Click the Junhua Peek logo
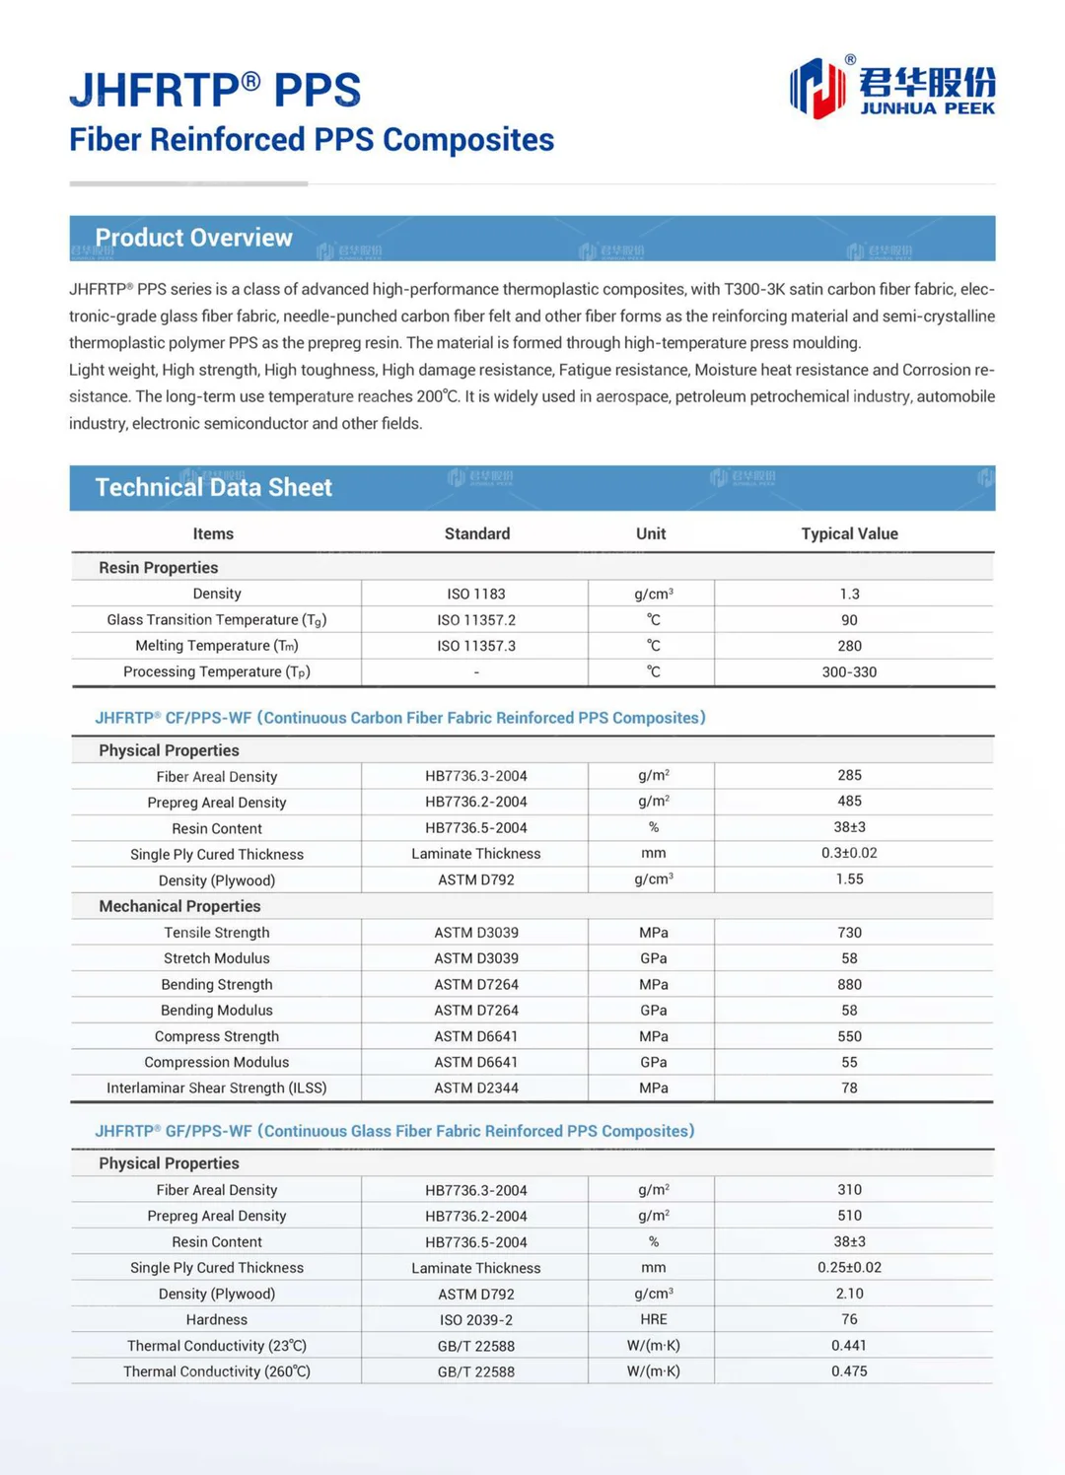[x=892, y=88]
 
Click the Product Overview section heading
[x=193, y=238]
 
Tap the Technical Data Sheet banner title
[x=213, y=487]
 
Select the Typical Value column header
[x=849, y=533]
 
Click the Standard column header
[x=476, y=533]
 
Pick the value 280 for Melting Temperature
[x=849, y=646]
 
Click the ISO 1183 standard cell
[x=476, y=594]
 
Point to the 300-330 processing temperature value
[x=849, y=671]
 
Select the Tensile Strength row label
[x=216, y=932]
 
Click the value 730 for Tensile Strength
[x=849, y=932]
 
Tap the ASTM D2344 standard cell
[x=476, y=1088]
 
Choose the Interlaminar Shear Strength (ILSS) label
[x=216, y=1088]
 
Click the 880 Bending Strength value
[x=849, y=984]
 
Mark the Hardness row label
[x=216, y=1319]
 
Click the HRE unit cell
[x=653, y=1319]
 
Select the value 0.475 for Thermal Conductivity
[x=849, y=1370]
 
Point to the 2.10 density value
[x=849, y=1293]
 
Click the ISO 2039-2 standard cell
[x=476, y=1319]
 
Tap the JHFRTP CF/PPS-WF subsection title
[x=399, y=718]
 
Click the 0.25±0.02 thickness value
[x=849, y=1267]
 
